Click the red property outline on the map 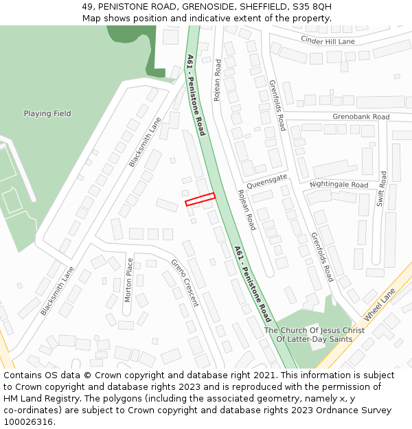200,199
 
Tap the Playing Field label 47,113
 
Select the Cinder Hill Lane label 328,41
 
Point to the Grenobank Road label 360,117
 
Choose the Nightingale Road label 339,185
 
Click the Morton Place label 128,279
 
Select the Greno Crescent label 185,282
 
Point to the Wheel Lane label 379,304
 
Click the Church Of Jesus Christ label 314,331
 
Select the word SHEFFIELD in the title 258,6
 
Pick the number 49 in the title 87,6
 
